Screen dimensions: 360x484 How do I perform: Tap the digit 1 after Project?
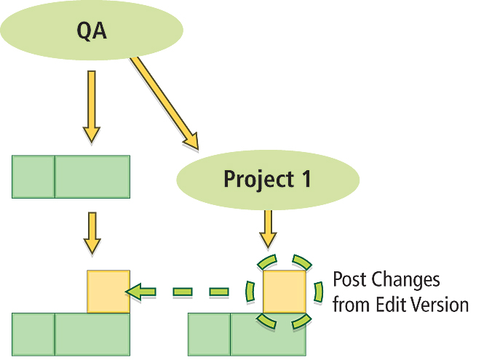306,179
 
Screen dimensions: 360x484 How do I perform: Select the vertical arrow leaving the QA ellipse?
90,105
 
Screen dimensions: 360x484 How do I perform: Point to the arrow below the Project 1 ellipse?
269,229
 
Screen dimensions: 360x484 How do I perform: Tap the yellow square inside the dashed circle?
284,292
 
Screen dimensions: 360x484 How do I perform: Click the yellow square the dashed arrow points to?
108,292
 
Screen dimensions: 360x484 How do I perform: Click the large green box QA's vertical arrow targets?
92,177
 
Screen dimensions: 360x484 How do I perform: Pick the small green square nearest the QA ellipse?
33,177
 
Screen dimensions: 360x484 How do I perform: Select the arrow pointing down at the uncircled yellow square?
92,233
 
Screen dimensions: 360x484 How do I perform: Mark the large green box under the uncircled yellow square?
92,335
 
